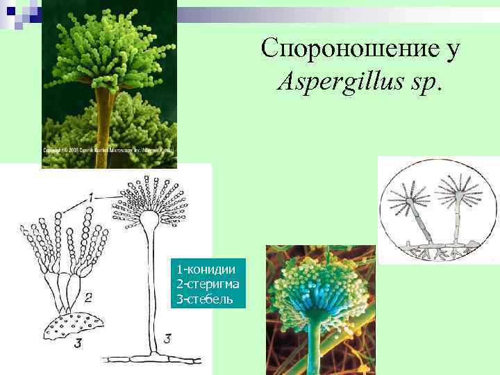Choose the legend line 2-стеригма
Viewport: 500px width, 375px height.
pyautogui.click(x=210, y=284)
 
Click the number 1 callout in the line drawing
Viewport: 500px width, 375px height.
pyautogui.click(x=90, y=199)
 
